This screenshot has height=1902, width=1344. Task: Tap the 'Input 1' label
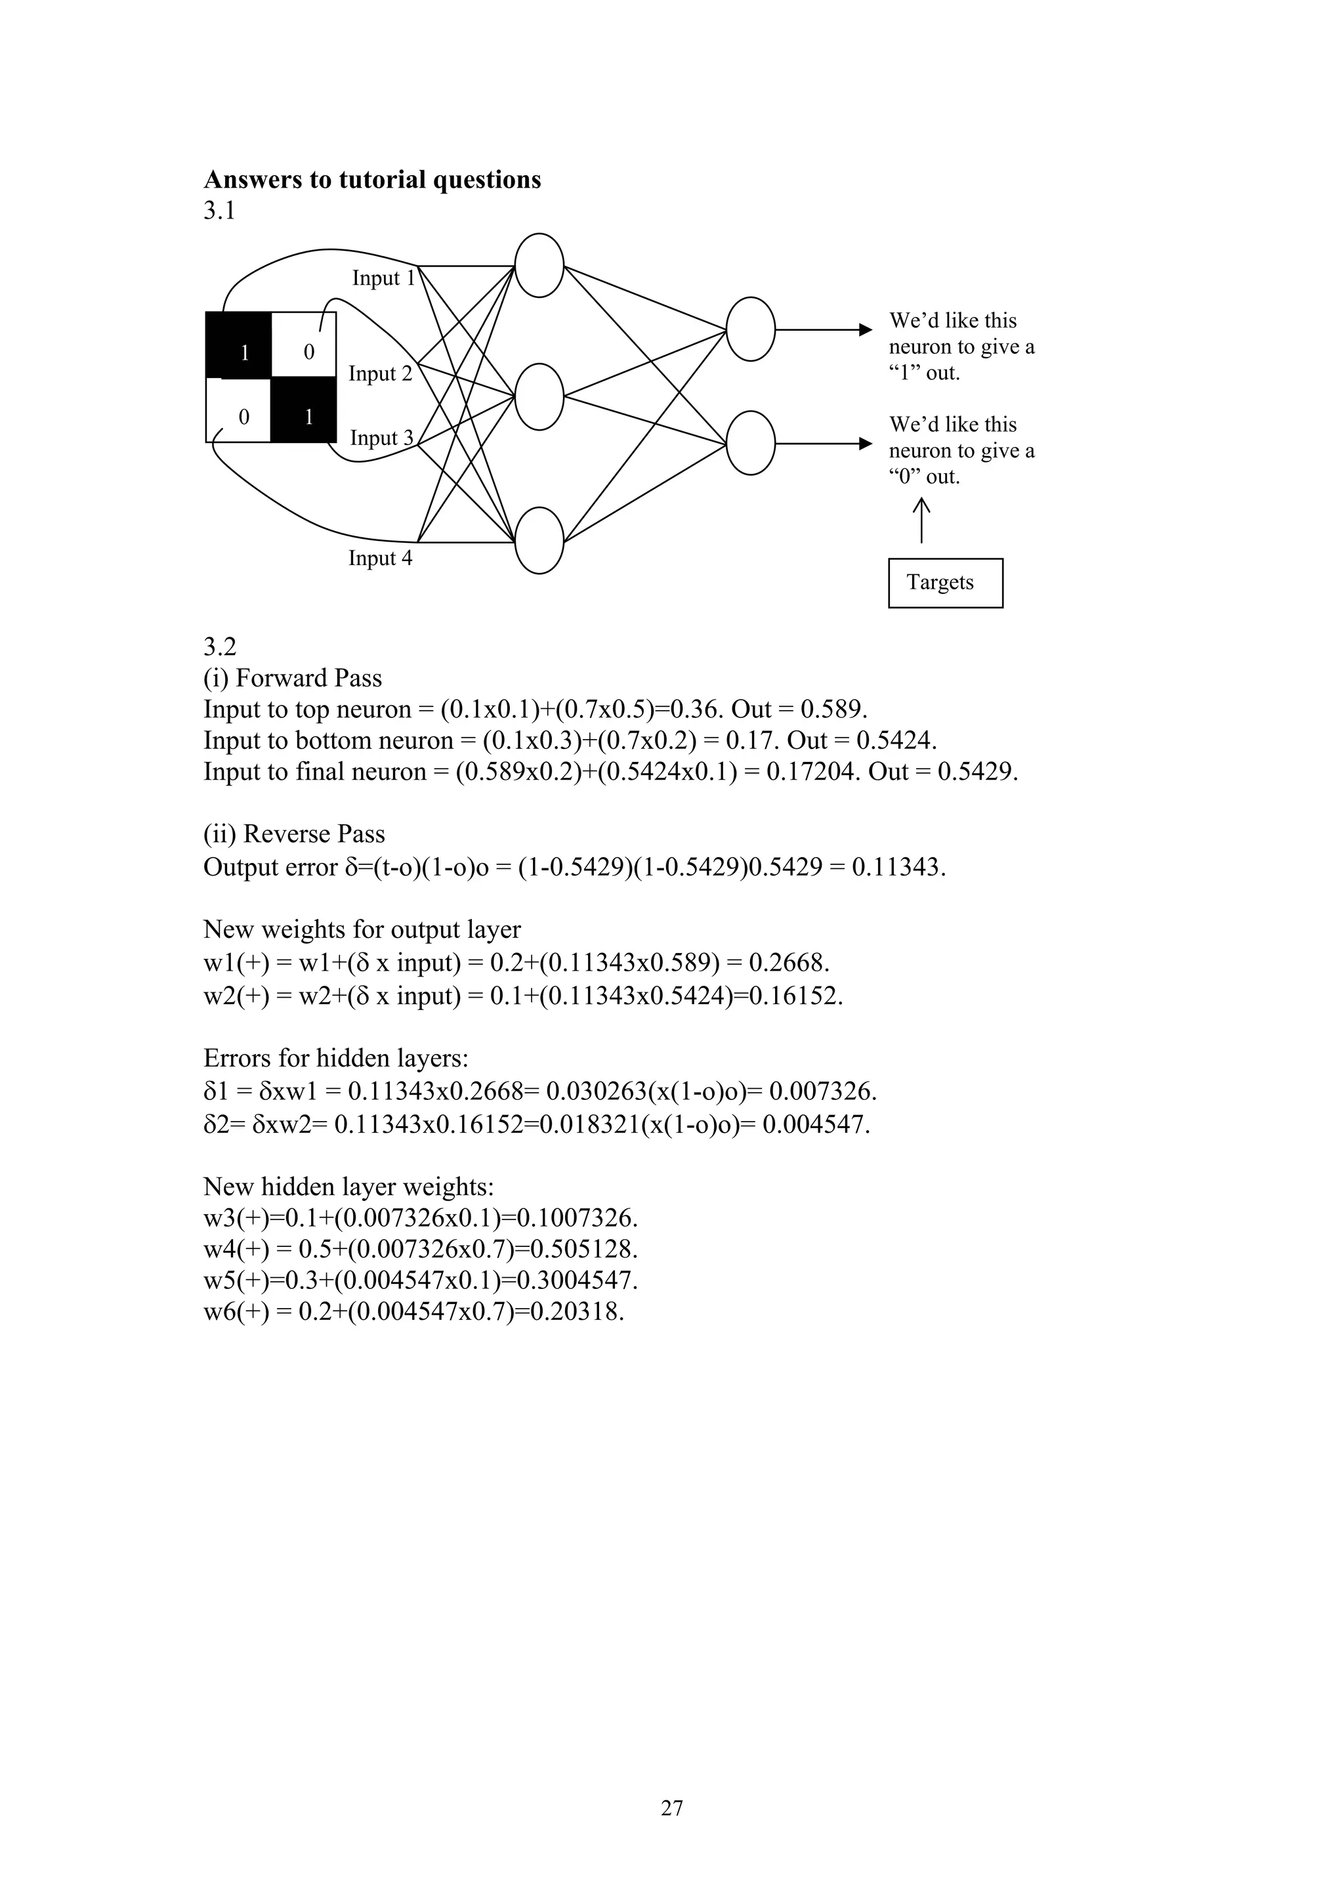(x=383, y=278)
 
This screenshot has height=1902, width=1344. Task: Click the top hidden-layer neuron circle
(x=539, y=265)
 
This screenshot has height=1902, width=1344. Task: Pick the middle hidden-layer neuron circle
(x=539, y=397)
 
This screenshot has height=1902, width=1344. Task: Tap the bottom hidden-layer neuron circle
(x=539, y=541)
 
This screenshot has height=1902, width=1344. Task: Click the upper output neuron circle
(x=750, y=329)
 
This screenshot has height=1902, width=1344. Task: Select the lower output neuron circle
(x=750, y=443)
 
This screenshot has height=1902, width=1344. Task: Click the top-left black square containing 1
(x=238, y=345)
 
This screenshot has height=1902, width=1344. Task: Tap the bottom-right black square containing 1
(x=304, y=410)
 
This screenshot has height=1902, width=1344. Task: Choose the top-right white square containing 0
(x=304, y=345)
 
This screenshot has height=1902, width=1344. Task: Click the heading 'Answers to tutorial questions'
(x=372, y=180)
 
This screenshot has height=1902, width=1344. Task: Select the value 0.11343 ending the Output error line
(x=897, y=868)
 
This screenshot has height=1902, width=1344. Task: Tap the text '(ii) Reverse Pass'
(x=294, y=834)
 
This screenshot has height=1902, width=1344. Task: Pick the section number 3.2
(x=219, y=647)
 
